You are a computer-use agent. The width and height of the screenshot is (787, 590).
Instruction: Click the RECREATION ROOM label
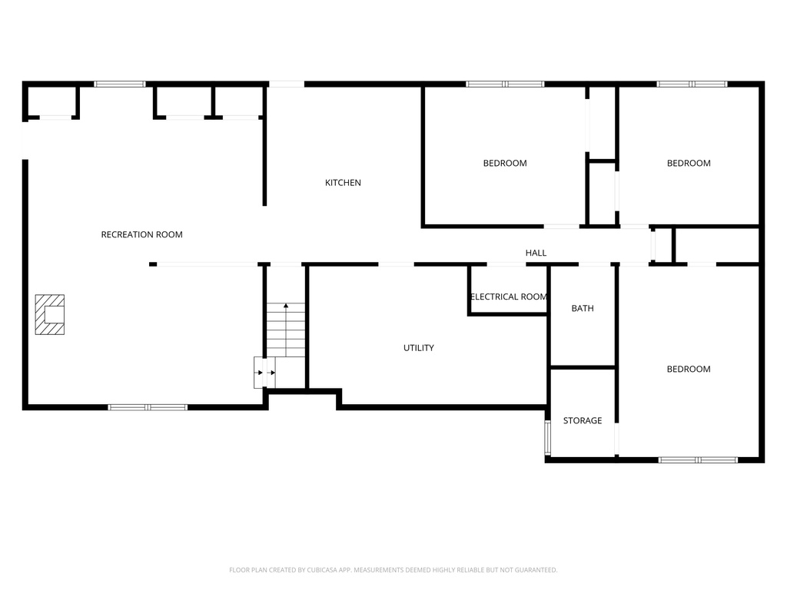pyautogui.click(x=141, y=234)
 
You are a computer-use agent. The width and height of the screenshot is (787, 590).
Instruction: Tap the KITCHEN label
pyautogui.click(x=343, y=183)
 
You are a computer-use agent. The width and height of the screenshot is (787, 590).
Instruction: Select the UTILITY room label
pyautogui.click(x=419, y=348)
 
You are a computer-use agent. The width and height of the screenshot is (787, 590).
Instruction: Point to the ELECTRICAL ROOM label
pyautogui.click(x=508, y=297)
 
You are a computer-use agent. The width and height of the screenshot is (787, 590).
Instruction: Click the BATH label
pyautogui.click(x=583, y=308)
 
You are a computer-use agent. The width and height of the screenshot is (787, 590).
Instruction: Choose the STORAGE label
pyautogui.click(x=583, y=420)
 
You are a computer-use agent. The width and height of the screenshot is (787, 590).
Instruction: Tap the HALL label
pyautogui.click(x=536, y=253)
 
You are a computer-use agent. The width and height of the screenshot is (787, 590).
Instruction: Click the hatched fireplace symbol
pyautogui.click(x=49, y=314)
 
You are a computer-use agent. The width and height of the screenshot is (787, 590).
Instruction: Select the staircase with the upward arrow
pyautogui.click(x=286, y=329)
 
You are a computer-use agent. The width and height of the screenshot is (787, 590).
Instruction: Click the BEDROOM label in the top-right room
pyautogui.click(x=689, y=163)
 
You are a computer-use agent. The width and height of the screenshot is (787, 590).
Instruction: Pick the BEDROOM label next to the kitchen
pyautogui.click(x=505, y=163)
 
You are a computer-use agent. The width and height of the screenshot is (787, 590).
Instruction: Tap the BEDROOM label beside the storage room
pyautogui.click(x=689, y=369)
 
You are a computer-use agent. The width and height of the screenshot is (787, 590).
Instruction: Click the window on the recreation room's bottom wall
pyautogui.click(x=148, y=407)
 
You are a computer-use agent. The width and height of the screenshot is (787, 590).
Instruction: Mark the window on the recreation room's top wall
pyautogui.click(x=119, y=84)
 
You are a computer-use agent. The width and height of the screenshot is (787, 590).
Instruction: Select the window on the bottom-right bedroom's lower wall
pyautogui.click(x=698, y=459)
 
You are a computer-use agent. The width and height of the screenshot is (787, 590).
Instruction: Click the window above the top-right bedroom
pyautogui.click(x=692, y=84)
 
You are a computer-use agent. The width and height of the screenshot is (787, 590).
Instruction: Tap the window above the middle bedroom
pyautogui.click(x=505, y=84)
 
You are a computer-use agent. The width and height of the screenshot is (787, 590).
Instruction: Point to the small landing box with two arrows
pyautogui.click(x=265, y=373)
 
